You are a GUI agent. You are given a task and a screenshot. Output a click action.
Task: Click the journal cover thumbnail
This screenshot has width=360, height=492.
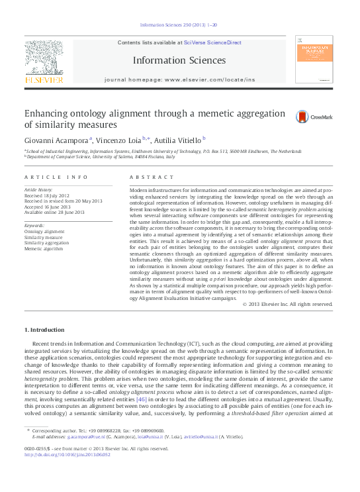(x=313, y=62)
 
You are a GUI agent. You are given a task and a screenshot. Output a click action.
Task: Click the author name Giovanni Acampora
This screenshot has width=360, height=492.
(x=58, y=140)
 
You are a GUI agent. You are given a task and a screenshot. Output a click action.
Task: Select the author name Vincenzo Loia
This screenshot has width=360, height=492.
(x=127, y=140)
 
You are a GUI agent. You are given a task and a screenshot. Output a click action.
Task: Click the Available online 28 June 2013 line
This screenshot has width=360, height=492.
(x=54, y=212)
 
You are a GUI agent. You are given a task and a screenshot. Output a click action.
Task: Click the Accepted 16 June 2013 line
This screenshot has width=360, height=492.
(x=48, y=206)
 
